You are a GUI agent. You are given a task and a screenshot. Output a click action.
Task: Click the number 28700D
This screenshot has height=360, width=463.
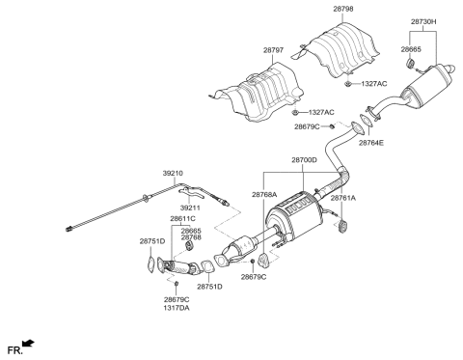click(x=305, y=161)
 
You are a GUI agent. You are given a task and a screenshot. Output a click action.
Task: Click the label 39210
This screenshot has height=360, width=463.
click(x=175, y=175)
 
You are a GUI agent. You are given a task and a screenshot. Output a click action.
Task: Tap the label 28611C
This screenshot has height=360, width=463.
click(x=183, y=220)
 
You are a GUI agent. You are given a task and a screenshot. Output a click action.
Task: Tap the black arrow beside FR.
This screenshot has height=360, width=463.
click(x=30, y=342)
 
